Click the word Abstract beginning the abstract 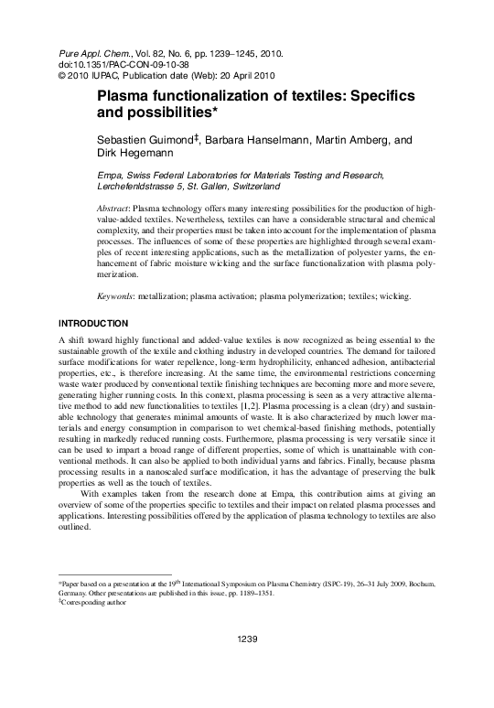pyautogui.click(x=114, y=209)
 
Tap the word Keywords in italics pyautogui.click(x=117, y=298)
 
